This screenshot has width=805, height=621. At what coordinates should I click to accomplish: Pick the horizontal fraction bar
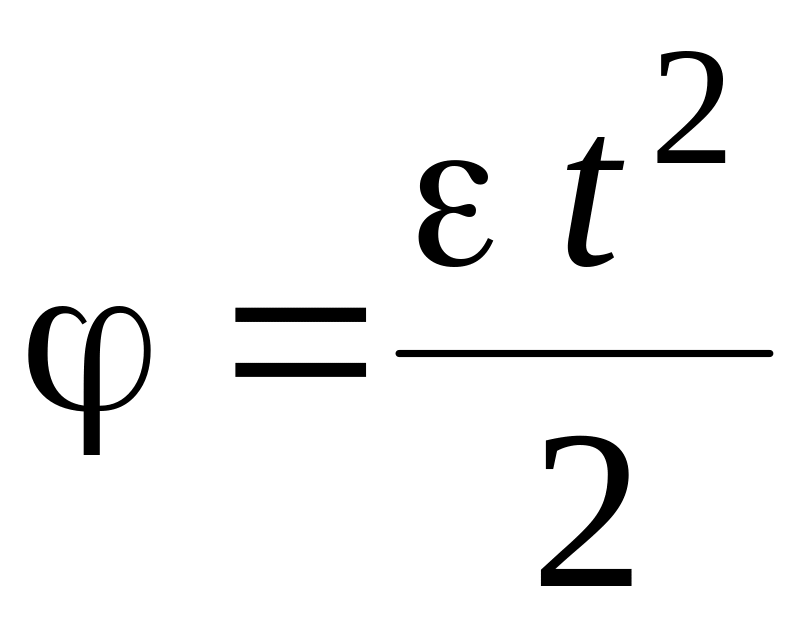[x=584, y=353]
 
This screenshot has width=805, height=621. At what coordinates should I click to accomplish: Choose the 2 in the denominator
[x=586, y=510]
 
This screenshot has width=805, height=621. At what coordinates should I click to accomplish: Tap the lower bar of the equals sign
[x=300, y=371]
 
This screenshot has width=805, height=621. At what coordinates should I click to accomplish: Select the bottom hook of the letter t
[x=595, y=262]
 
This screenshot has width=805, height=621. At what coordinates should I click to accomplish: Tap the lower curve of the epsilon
[x=456, y=254]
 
